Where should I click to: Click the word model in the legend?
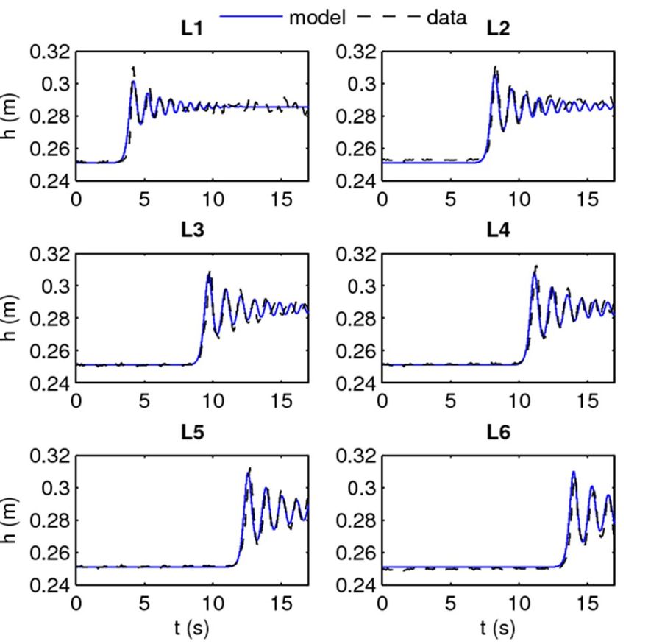317,17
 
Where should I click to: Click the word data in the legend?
446,17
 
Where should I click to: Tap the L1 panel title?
192,29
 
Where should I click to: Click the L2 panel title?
498,29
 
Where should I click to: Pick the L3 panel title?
192,230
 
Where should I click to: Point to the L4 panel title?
498,230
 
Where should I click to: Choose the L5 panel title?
192,432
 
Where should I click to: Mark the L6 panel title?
498,432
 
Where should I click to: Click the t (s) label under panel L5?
192,627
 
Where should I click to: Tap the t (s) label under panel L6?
498,627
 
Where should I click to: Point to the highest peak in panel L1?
133,69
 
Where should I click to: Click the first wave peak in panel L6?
573,472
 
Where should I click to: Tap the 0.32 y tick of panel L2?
356,52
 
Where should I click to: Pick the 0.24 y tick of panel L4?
356,383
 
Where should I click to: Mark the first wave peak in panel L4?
535,267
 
